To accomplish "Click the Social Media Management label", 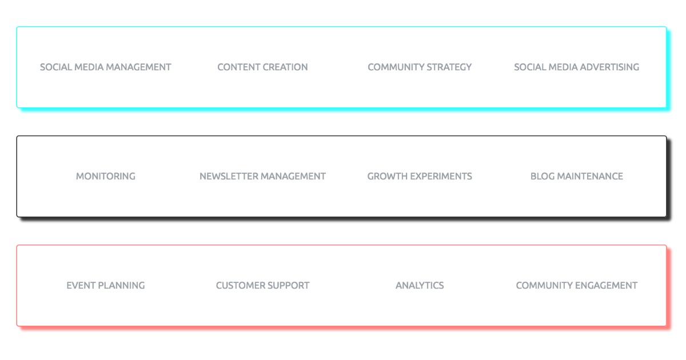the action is (x=105, y=67).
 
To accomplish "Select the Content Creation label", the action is (x=262, y=67).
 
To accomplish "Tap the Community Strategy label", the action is (x=420, y=67).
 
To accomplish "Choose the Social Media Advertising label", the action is (x=576, y=67).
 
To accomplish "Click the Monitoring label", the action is (x=105, y=177).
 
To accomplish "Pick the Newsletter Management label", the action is (x=262, y=177).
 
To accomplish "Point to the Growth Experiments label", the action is (x=420, y=177).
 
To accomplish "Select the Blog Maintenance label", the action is (x=577, y=177).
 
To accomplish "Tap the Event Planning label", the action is (x=105, y=285).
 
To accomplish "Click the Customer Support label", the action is (x=262, y=285).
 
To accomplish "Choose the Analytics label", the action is (x=420, y=285).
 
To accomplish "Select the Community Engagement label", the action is (x=577, y=285).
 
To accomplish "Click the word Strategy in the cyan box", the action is (x=449, y=67).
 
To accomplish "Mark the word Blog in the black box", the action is (x=542, y=177).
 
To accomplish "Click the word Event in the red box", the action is (x=81, y=285).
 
